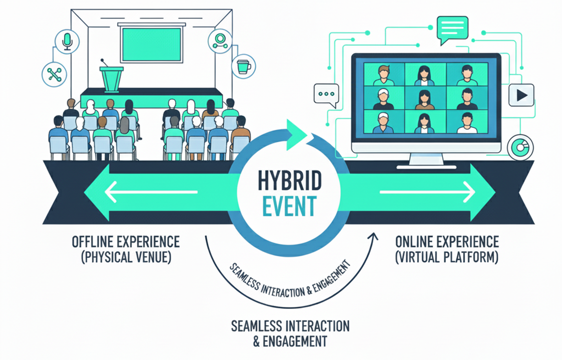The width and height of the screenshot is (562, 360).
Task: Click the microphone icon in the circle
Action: [x=67, y=41]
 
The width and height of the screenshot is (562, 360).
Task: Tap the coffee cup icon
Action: [x=244, y=66]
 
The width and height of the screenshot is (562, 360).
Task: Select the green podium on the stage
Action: [x=111, y=79]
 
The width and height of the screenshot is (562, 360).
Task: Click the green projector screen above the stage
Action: [x=151, y=44]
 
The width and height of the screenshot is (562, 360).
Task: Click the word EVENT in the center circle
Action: [x=289, y=206]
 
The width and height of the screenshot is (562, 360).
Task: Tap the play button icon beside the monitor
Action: [x=522, y=95]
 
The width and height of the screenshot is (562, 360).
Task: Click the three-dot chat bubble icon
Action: [x=326, y=95]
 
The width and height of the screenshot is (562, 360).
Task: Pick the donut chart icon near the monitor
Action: [x=520, y=147]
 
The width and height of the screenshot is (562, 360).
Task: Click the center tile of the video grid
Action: [x=426, y=97]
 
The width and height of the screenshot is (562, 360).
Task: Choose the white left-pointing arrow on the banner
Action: [x=151, y=192]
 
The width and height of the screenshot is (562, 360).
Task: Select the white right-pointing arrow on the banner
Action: [x=427, y=192]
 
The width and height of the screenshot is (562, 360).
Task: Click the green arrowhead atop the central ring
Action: [x=296, y=132]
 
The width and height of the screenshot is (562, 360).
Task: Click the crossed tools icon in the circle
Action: [x=54, y=74]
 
